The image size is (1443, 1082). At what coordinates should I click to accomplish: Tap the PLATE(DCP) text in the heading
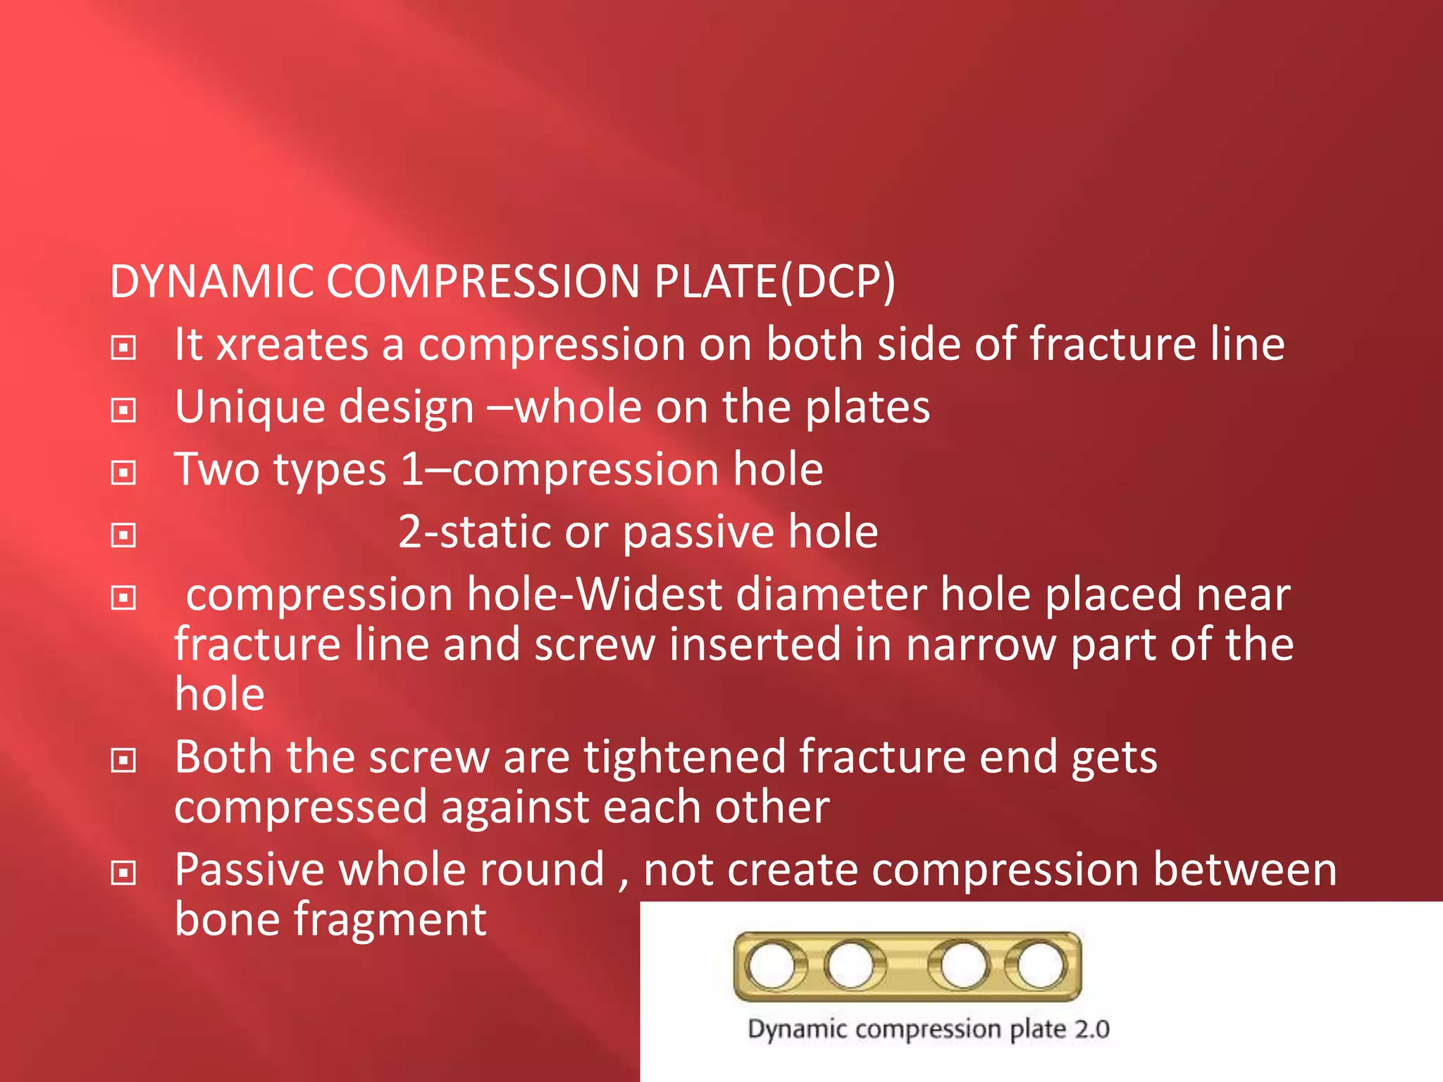774,282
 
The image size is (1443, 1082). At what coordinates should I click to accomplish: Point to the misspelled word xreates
292,345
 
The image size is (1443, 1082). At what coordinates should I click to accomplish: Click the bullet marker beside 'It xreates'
123,347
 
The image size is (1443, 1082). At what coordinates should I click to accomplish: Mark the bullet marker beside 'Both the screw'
123,759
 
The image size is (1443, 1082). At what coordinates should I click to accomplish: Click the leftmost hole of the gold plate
772,965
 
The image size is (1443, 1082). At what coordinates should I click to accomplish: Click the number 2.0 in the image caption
1091,1029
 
